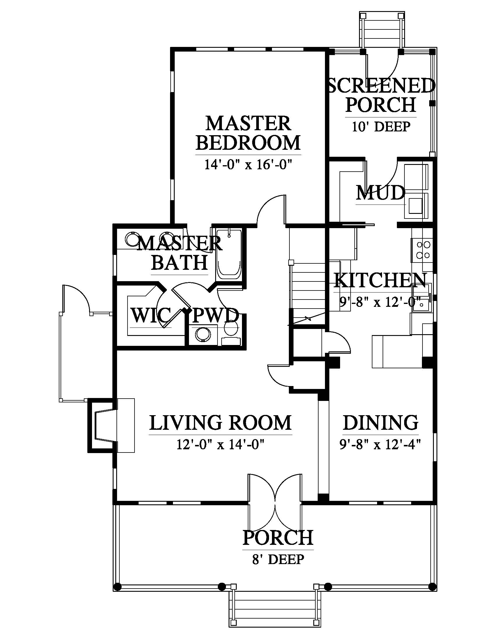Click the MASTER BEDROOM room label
(x=248, y=133)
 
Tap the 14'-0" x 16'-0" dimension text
(x=248, y=165)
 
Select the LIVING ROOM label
(x=220, y=423)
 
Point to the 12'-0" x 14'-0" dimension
(x=220, y=445)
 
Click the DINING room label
(x=381, y=423)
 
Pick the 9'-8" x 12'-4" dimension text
(x=380, y=445)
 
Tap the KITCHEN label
(x=380, y=280)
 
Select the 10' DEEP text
(x=381, y=126)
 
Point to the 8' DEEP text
(x=278, y=559)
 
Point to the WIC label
(x=151, y=316)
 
